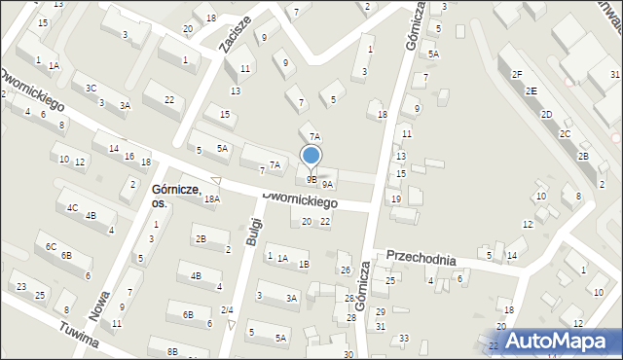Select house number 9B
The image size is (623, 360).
[x=312, y=179]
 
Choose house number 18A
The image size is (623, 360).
[x=211, y=198]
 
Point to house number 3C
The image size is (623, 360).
[x=91, y=88]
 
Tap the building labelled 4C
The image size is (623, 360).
[x=72, y=207]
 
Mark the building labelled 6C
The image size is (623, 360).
[x=51, y=247]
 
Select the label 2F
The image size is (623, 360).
[x=518, y=74]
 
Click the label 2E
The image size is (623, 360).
[x=531, y=90]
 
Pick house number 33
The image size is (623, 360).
[x=404, y=338]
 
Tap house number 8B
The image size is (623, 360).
[x=172, y=351]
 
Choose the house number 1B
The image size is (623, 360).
[x=304, y=264]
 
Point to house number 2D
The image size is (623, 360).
[x=547, y=115]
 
